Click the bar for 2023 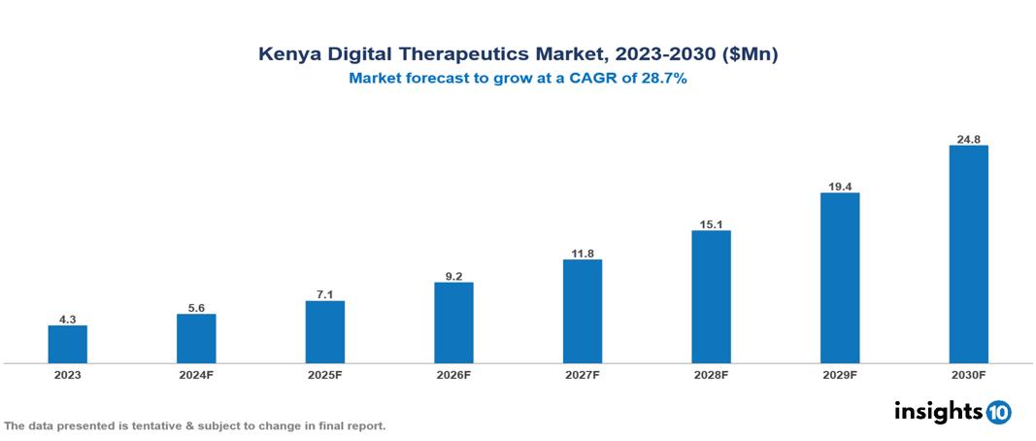[68, 344]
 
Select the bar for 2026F [453, 322]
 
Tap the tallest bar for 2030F [968, 254]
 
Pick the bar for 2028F [711, 296]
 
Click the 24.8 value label [968, 139]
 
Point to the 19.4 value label [840, 186]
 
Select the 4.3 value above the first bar [68, 318]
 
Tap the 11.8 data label [583, 253]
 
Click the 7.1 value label [325, 293]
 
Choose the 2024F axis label [196, 375]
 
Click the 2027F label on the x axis [583, 375]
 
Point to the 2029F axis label [840, 375]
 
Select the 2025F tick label [325, 375]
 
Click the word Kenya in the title [284, 55]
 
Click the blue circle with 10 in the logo [998, 412]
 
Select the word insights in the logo [938, 411]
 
